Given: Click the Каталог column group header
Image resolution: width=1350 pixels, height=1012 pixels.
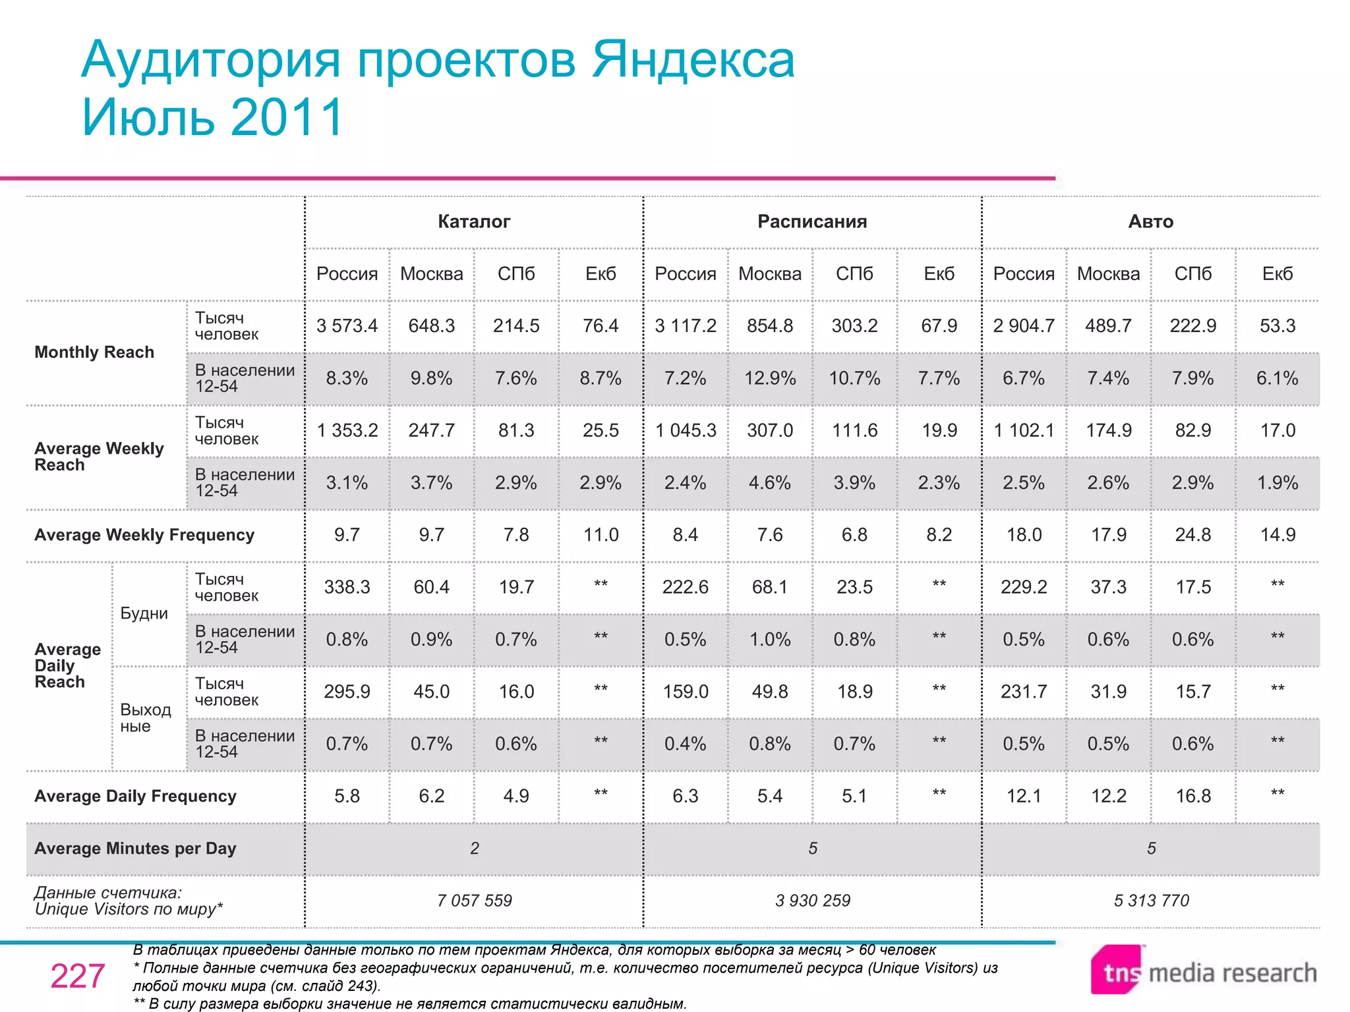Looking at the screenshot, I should point(474,221).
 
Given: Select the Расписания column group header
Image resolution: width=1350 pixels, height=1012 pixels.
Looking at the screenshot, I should point(812,221).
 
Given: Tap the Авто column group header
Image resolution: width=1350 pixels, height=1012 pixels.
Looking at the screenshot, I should point(1151,221).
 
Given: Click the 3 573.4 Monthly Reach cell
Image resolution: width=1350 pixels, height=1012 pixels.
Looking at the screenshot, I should point(347,325).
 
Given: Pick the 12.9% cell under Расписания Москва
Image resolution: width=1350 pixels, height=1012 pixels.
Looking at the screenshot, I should point(770,378).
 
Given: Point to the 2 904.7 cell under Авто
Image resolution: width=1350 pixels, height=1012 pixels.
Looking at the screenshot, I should point(1024,325).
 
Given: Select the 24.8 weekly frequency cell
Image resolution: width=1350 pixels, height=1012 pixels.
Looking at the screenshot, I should point(1193,534).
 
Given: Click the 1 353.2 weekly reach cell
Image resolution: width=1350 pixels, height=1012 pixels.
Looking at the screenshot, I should point(347,430).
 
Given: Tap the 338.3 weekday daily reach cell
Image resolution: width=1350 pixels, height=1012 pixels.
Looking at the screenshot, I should point(347,586).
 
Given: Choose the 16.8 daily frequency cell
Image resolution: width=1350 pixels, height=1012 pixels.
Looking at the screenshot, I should point(1193,796).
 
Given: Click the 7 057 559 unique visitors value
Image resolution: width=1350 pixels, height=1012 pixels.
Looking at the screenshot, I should point(474,900).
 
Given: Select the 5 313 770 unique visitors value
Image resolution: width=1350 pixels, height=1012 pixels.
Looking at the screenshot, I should point(1151,900).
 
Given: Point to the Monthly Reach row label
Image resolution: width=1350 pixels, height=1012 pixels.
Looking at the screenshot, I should point(94,352).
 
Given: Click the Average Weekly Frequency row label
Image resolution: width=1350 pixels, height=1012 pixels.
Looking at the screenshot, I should point(144,534).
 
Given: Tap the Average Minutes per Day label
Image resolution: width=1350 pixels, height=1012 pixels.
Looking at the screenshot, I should point(135,848).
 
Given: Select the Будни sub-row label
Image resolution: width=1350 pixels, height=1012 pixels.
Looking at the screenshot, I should point(144,613).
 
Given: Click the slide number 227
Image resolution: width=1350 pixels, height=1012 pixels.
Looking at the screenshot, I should point(78,976).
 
